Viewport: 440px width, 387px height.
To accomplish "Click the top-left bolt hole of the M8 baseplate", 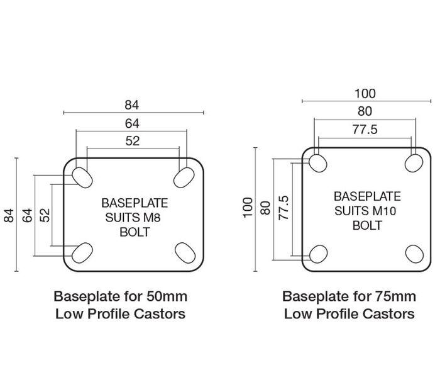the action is (82, 178).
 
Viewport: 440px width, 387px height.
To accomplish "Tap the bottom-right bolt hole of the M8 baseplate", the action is (185, 253).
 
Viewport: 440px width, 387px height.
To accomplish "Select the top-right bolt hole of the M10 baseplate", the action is (414, 163).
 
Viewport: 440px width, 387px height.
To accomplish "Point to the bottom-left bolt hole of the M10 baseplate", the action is (318, 254).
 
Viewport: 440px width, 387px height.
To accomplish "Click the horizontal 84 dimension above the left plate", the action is (131, 105).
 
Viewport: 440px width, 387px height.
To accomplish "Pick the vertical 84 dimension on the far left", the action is (9, 215).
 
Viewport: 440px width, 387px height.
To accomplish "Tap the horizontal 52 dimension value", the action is (133, 141).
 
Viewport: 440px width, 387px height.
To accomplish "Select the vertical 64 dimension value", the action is (27, 215).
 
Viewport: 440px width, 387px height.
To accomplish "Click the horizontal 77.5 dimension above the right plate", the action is (365, 130).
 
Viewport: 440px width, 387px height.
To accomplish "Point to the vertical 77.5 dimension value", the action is (283, 208).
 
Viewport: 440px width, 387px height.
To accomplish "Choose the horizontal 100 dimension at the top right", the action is (365, 94).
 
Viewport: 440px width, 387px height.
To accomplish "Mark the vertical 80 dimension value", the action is (265, 208).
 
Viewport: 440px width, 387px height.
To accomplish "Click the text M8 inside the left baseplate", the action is (152, 218).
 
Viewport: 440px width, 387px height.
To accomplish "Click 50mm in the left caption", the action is (167, 296).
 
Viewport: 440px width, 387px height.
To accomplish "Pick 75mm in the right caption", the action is (395, 296).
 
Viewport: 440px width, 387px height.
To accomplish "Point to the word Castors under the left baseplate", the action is (160, 314).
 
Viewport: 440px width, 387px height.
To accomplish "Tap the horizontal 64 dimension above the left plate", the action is (132, 123).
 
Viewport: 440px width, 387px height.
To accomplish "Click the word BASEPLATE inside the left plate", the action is (135, 203).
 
